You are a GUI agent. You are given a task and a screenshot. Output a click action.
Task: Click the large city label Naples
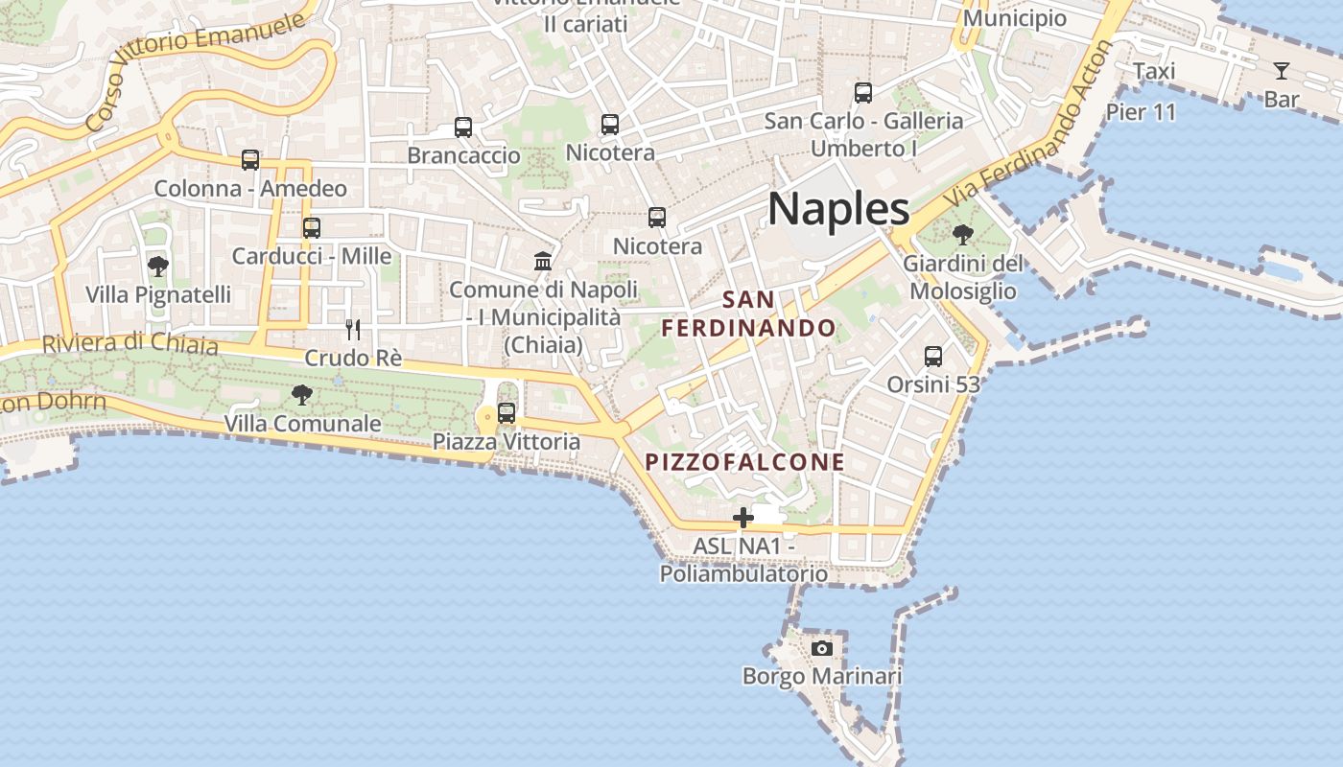(838, 208)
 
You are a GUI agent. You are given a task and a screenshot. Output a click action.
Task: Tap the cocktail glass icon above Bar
(1281, 70)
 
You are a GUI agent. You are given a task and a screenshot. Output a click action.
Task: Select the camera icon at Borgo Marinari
(821, 648)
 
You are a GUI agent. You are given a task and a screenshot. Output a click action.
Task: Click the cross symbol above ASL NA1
(743, 519)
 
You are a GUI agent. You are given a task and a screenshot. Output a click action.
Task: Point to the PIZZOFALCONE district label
(744, 462)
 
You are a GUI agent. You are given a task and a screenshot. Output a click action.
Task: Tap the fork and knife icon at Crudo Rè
(353, 330)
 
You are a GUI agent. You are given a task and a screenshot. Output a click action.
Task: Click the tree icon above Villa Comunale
(302, 394)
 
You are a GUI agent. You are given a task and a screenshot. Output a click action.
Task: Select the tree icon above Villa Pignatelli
(158, 266)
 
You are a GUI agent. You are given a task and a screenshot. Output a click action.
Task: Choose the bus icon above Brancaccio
(463, 127)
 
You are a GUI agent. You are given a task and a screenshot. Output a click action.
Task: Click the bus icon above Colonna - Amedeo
(250, 160)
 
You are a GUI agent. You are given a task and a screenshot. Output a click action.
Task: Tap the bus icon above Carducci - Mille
(312, 228)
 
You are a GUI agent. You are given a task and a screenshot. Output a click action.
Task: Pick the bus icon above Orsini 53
(933, 357)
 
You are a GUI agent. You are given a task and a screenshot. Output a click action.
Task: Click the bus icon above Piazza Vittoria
(507, 413)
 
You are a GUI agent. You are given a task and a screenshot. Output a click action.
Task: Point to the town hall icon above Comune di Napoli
(543, 261)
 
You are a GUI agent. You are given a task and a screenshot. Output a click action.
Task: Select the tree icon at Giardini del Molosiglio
(963, 234)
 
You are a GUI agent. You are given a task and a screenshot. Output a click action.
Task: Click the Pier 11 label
(1141, 111)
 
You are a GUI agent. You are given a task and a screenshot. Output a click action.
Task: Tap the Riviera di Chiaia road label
(130, 343)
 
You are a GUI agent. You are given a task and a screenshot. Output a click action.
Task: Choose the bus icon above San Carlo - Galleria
(863, 93)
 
